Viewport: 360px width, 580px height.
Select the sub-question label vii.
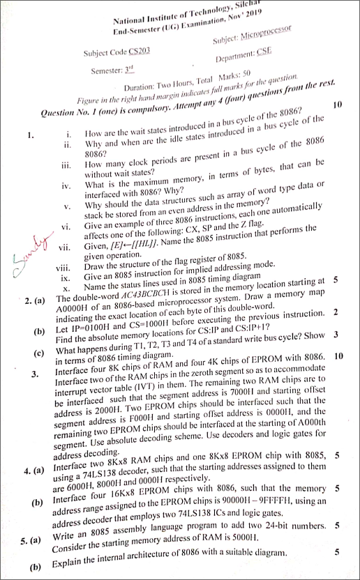(x=66, y=247)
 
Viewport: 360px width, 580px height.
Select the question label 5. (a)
(x=33, y=540)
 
